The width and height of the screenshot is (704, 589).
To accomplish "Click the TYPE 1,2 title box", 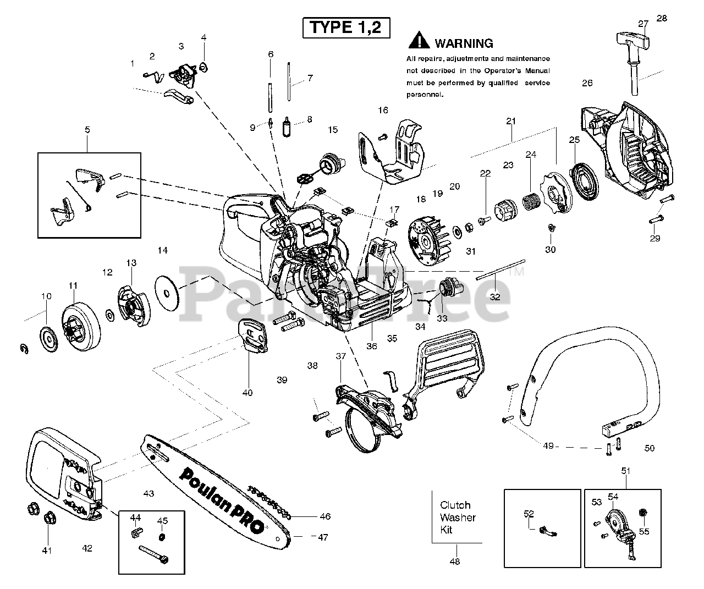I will (x=346, y=27).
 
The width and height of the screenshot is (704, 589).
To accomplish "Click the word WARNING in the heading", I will (x=464, y=43).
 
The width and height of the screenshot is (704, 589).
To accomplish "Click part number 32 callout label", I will (x=495, y=297).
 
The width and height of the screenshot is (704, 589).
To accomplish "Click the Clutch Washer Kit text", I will (x=458, y=518).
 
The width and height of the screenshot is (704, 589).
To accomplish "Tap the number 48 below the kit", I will (x=455, y=562).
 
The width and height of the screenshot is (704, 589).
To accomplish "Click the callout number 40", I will (x=248, y=393).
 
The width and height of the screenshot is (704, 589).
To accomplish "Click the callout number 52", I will (x=529, y=514).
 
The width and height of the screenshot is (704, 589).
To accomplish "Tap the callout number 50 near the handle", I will (x=650, y=448).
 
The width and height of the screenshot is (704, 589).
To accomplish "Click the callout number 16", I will (x=383, y=110).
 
